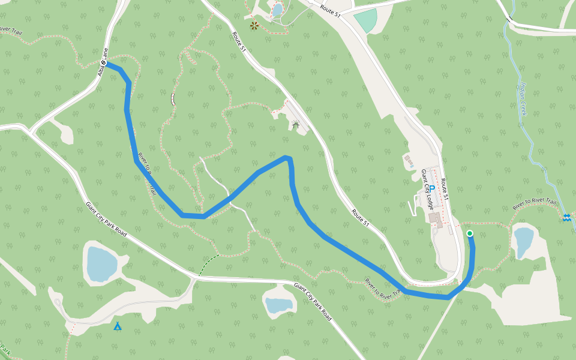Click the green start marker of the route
pyautogui.click(x=470, y=233)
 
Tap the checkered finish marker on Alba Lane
pyautogui.click(x=104, y=62)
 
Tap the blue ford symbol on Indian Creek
pyautogui.click(x=567, y=217)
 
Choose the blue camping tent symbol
pyautogui.click(x=118, y=326)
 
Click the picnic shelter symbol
pyautogui.click(x=295, y=125)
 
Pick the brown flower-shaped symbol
pyautogui.click(x=254, y=26)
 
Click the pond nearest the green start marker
pyautogui.click(x=523, y=241)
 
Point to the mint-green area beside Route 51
pyautogui.click(x=365, y=21)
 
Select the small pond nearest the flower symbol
pyautogui.click(x=277, y=10)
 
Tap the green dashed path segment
pyautogui.click(x=208, y=265)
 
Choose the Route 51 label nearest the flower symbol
pyautogui.click(x=239, y=42)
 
